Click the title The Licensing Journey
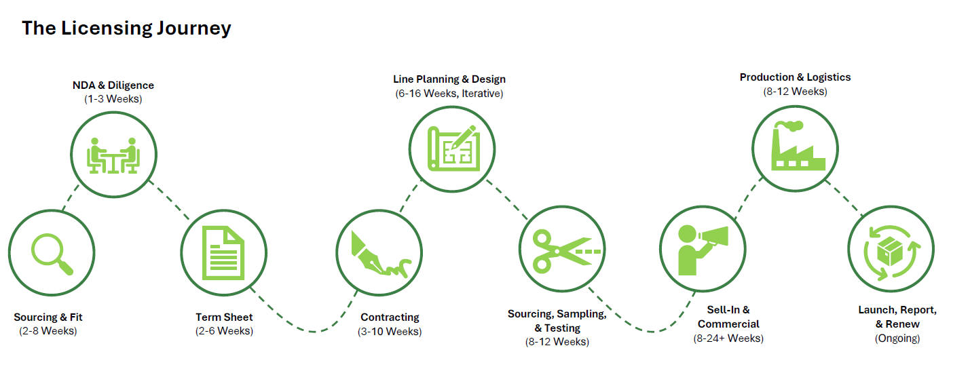point(126,28)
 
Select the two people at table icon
point(113,155)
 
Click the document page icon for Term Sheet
point(223,252)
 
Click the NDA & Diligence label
point(113,85)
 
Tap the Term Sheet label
point(224,317)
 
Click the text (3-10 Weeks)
point(390,331)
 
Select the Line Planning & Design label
point(449,79)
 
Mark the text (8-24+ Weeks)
point(728,338)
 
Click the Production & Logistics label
point(795,77)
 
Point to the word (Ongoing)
point(897,338)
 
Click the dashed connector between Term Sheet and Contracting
point(312,330)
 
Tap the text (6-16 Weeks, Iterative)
point(449,94)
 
